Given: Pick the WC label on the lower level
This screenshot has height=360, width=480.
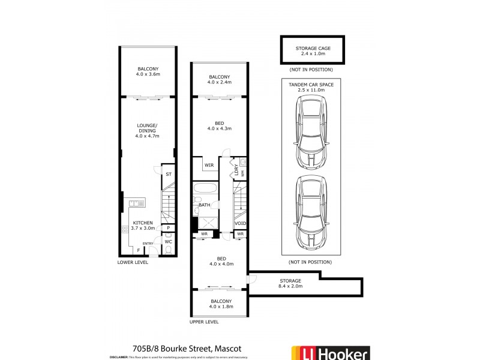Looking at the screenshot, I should [x=169, y=242].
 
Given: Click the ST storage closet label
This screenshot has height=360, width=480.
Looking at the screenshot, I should [x=169, y=174].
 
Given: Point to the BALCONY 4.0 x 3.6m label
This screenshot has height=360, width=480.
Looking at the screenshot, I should [x=147, y=71].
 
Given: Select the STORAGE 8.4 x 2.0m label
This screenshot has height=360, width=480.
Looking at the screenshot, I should [x=290, y=283].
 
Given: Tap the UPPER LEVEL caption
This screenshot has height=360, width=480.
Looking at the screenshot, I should [x=204, y=322].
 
